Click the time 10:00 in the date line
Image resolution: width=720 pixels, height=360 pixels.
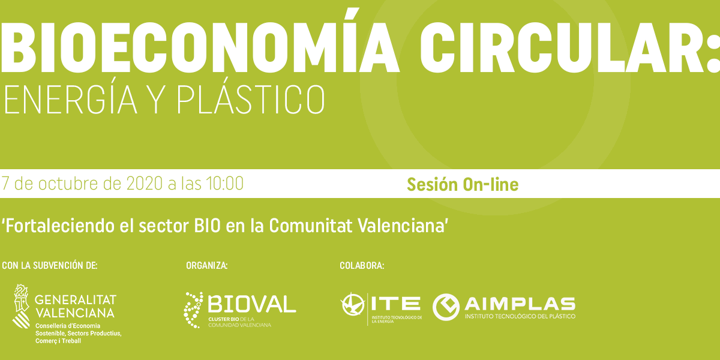coord(224,184)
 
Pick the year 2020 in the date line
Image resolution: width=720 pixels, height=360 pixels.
coord(145,184)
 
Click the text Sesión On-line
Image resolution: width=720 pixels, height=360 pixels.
coord(463,185)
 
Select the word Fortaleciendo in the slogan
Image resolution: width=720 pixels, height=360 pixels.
coord(59,226)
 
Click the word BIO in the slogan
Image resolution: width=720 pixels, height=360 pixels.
coord(208,226)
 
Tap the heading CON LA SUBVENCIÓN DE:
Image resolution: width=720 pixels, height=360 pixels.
coord(49,265)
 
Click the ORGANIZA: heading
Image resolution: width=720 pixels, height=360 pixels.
coord(206,265)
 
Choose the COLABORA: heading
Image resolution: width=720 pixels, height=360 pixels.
coord(362,265)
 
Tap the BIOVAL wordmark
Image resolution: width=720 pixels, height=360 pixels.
coord(252,304)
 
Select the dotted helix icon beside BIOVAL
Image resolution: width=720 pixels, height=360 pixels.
coord(193,310)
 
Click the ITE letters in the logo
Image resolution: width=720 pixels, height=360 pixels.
coord(395,304)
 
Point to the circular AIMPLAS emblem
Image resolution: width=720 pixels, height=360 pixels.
coord(446,307)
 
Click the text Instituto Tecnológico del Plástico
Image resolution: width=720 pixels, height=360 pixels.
coord(520,316)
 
